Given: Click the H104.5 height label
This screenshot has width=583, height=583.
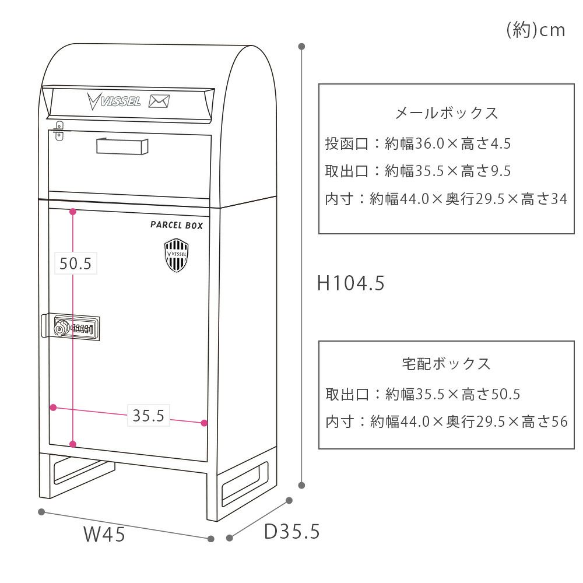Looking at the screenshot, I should pos(351,283).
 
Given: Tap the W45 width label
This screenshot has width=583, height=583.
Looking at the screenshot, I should pos(104,533).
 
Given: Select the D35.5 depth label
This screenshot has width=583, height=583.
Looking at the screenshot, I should pos(291,531).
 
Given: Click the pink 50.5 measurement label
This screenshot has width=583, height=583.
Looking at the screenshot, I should pos(76,264).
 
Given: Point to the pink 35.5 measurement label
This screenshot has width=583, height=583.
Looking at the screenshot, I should pos(148,416).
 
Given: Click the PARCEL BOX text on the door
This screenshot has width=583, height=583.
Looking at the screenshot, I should pos(177,225).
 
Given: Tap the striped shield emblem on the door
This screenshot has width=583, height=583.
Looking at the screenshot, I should pos(176,256).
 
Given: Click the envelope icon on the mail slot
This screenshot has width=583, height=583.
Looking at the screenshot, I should pos(159,101).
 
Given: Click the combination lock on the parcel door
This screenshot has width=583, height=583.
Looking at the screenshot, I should pos(76,329).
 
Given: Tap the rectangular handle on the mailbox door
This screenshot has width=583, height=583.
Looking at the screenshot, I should pos(120,146).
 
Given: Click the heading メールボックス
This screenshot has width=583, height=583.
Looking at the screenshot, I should pos(447,113).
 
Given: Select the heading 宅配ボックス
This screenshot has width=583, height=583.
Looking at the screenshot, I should pos(447,364).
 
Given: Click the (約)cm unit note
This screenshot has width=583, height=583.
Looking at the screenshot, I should pos(536,30).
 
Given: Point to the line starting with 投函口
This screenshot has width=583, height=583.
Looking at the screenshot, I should pos(417,143).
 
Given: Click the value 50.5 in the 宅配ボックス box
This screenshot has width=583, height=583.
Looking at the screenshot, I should pos(505,395).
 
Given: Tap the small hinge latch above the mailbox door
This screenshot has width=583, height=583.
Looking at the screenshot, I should pos(59,131).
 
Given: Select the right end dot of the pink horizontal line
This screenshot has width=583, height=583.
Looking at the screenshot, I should pos(204,423).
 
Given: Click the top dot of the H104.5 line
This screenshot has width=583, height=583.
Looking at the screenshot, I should pos(301,46).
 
